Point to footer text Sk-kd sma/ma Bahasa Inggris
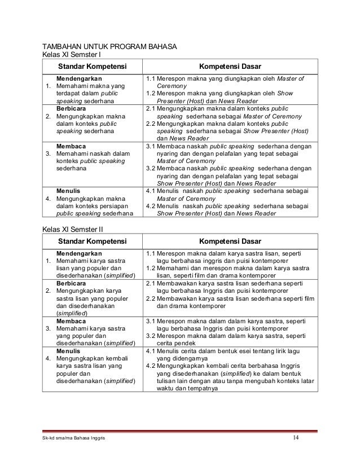[72, 439]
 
